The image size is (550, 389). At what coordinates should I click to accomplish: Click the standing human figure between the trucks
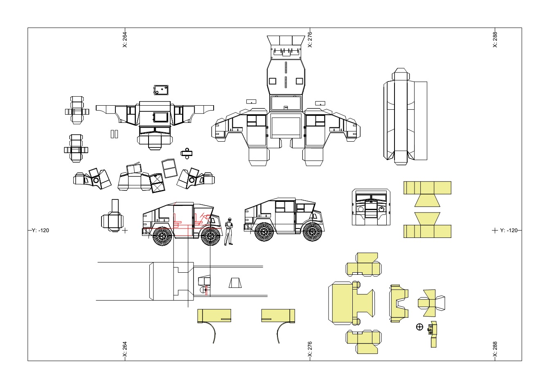(x=229, y=231)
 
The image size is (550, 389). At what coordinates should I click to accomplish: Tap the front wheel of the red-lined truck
(x=211, y=236)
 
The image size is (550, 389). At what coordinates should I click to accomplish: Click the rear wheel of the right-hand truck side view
(x=264, y=232)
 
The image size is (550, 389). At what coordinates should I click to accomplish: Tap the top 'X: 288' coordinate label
(x=495, y=40)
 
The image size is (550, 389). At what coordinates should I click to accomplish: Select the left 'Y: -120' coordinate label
(x=40, y=231)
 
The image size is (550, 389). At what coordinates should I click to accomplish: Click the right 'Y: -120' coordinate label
(x=508, y=231)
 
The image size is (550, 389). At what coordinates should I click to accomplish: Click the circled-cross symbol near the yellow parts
(x=419, y=327)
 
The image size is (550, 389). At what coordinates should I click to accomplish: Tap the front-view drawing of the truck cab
(x=371, y=207)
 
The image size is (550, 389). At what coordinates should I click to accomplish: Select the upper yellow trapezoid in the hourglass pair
(x=427, y=201)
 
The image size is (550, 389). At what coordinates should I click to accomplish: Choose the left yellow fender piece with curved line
(x=214, y=316)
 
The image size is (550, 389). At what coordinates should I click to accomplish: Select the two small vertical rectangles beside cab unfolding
(x=115, y=134)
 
